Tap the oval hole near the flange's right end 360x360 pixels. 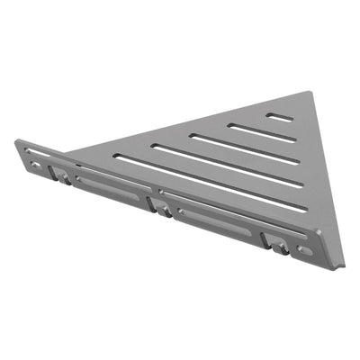coord(306,251)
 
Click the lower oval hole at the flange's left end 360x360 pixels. coord(35,164)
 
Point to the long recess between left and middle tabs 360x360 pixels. coord(112,188)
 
